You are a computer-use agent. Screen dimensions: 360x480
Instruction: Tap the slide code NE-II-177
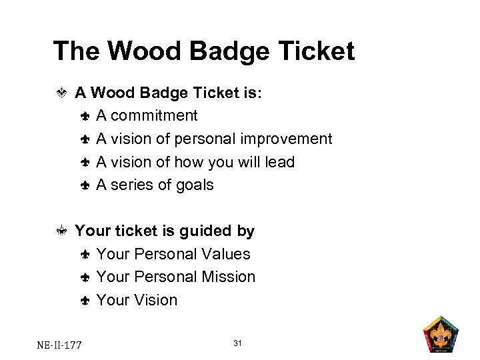coord(59,345)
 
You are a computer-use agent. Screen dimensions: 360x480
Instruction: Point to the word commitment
coord(154,115)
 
